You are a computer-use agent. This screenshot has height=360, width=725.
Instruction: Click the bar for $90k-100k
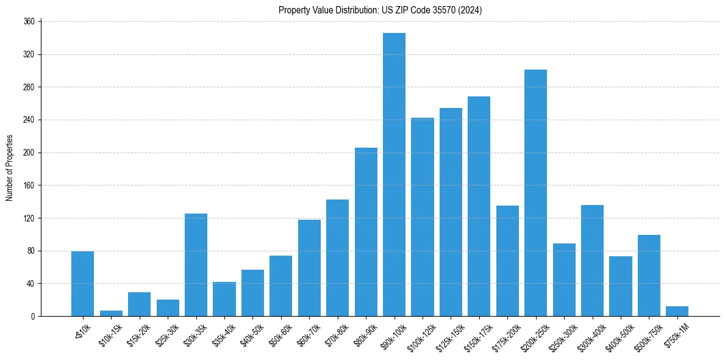[394, 175]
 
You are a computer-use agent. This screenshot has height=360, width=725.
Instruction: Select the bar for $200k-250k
[535, 193]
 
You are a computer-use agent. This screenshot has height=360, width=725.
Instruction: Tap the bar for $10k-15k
[111, 313]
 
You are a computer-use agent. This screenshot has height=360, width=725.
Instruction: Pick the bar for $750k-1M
[677, 311]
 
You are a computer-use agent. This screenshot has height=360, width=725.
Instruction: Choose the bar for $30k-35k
[196, 265]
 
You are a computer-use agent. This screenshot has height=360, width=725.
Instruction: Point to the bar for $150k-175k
[479, 206]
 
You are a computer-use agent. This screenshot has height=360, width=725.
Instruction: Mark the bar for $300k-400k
[592, 261]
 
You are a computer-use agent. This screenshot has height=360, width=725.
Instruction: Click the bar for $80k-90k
[366, 232]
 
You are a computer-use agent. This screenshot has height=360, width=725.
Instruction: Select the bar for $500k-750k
[649, 275]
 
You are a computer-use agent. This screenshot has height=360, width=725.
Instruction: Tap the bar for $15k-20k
[139, 304]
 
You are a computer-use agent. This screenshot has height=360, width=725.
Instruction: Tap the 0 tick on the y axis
[34, 316]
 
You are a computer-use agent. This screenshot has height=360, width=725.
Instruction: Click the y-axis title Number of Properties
[9, 168]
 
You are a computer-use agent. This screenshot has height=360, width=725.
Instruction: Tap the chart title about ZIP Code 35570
[380, 10]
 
